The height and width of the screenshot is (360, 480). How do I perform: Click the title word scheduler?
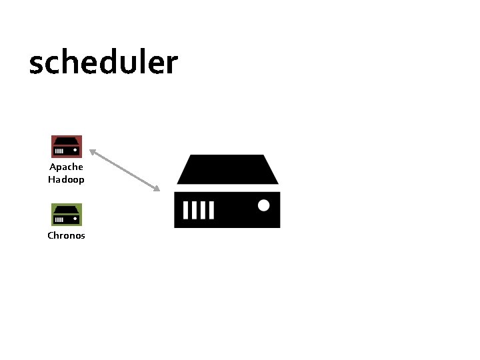click(103, 63)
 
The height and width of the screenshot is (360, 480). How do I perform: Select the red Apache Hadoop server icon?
click(67, 146)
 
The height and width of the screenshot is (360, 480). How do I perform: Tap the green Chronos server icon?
click(67, 214)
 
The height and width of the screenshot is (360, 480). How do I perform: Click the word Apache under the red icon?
click(67, 167)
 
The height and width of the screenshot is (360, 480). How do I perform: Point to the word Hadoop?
click(67, 179)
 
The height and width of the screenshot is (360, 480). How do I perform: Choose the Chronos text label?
click(67, 235)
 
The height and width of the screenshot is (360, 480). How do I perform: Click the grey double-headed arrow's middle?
click(125, 171)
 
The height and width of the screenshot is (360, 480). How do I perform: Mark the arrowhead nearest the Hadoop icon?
click(93, 152)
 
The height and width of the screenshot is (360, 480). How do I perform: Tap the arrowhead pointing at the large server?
click(157, 189)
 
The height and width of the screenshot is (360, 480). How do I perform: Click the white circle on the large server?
click(264, 205)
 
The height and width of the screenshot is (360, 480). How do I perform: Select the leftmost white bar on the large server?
click(186, 211)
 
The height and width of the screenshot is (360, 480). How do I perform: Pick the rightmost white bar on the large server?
click(211, 211)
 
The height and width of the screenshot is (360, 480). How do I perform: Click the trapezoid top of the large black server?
click(227, 169)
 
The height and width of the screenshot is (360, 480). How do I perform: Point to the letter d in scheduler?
click(115, 63)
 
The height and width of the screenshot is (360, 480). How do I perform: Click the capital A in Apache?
click(53, 167)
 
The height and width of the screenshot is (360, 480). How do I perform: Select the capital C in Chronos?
click(51, 235)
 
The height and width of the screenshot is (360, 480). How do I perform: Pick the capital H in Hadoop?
click(52, 179)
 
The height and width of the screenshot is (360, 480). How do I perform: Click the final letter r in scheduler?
click(173, 65)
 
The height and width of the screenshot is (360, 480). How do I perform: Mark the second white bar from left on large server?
click(195, 211)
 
